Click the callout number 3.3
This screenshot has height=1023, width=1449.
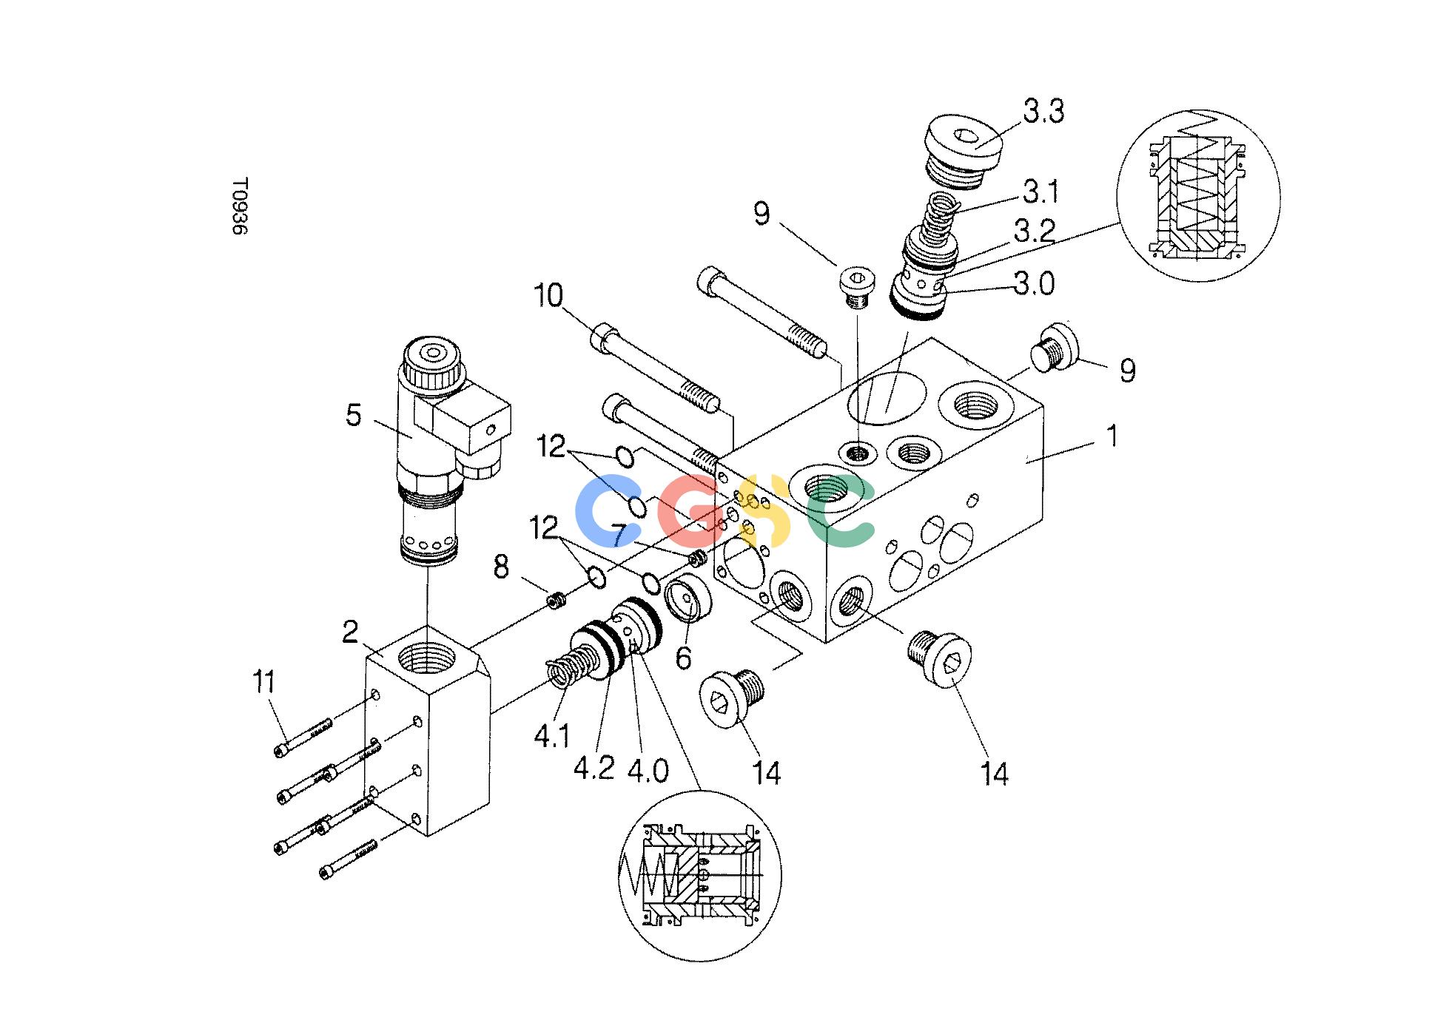(x=1043, y=112)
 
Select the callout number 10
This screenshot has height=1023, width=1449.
(x=548, y=297)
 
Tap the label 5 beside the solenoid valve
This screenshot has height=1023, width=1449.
(x=354, y=416)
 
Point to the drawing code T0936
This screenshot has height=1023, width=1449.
(x=239, y=206)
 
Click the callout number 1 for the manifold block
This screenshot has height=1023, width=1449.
(x=1111, y=436)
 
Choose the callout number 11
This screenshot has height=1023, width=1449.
(x=264, y=681)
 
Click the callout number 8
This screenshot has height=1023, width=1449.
(x=502, y=568)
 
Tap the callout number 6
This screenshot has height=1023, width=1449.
(x=684, y=657)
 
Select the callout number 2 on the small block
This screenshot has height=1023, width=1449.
(x=350, y=632)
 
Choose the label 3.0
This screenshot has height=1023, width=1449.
(x=1035, y=284)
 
